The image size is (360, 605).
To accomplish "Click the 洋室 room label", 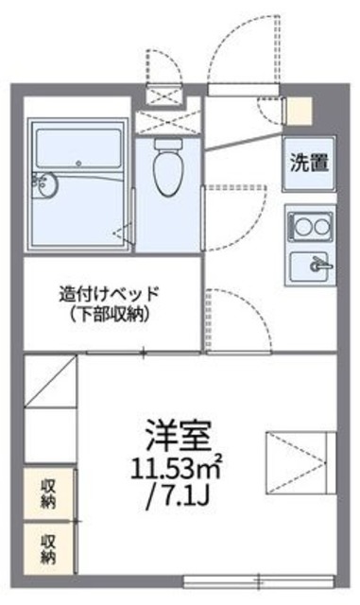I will pyautogui.click(x=178, y=436).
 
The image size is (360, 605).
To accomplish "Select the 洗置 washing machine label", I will pyautogui.click(x=310, y=163).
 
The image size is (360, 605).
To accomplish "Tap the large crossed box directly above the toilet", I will pyautogui.click(x=167, y=120).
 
